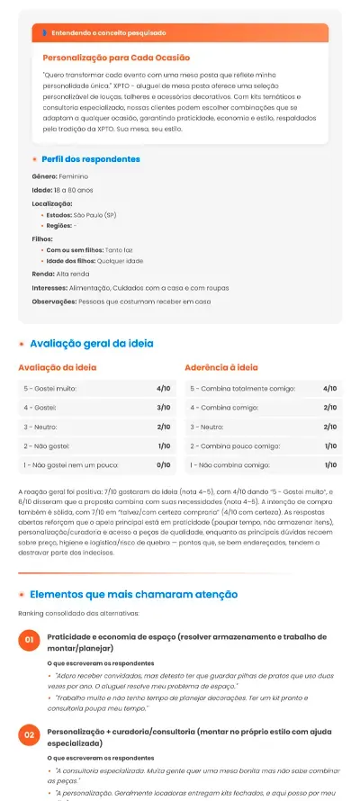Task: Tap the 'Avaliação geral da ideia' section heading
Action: click(91, 344)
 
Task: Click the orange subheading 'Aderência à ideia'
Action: click(220, 368)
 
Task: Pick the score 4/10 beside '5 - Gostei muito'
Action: click(164, 389)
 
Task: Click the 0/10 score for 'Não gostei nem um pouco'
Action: click(164, 465)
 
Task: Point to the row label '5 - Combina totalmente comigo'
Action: click(236, 389)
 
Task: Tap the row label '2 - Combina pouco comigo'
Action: click(235, 446)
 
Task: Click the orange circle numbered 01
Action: click(29, 615)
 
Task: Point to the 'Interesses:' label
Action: click(49, 287)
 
